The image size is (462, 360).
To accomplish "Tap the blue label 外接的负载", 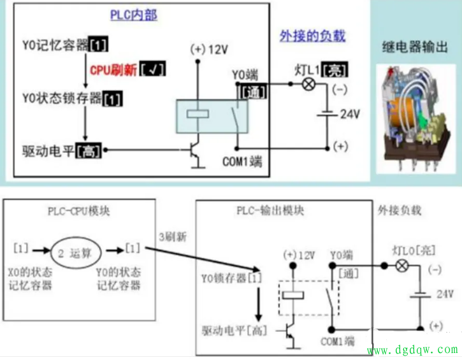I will (x=312, y=35).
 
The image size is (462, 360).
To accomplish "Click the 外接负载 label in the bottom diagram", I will (x=400, y=210).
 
